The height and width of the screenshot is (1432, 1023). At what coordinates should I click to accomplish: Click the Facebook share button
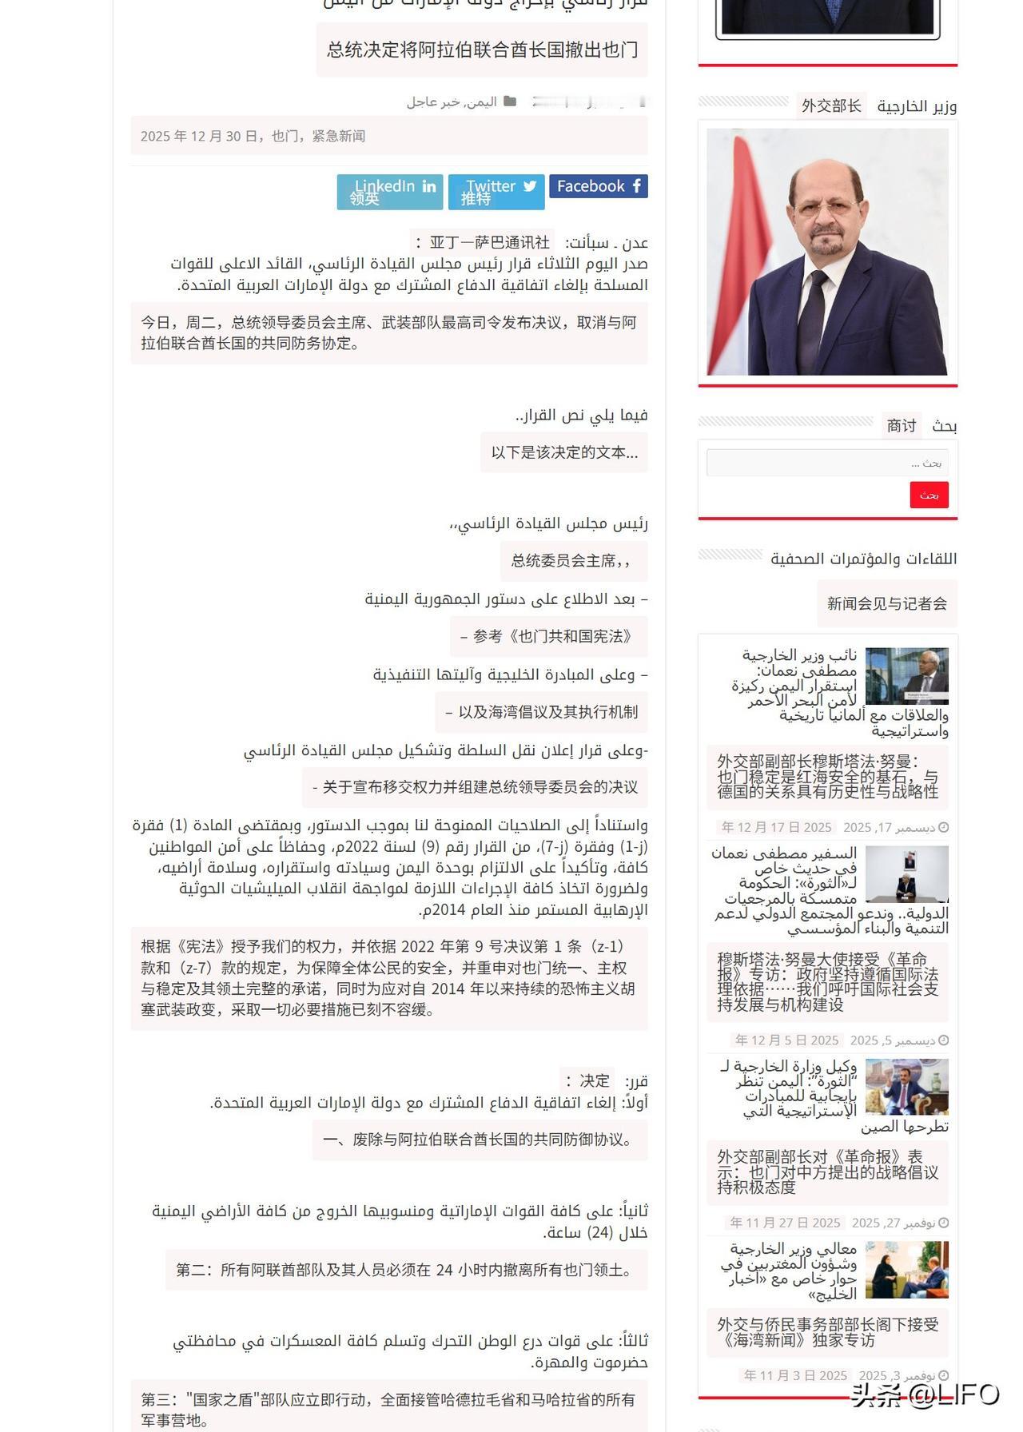[x=599, y=186]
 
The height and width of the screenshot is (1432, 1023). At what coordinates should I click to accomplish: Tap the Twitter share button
[x=496, y=192]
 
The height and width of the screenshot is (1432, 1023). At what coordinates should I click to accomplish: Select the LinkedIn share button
[x=390, y=192]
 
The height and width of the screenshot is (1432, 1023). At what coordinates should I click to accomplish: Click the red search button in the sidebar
[x=929, y=495]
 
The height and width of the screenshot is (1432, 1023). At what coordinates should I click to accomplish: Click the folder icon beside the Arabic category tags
[x=510, y=101]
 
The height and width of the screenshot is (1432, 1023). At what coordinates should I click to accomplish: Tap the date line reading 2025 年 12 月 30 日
[x=253, y=136]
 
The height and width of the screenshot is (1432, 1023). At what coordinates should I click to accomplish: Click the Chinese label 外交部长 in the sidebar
[x=831, y=105]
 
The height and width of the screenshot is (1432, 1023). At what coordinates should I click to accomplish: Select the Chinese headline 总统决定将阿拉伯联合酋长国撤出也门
[x=482, y=50]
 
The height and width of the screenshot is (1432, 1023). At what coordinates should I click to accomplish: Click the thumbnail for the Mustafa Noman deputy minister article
[x=907, y=675]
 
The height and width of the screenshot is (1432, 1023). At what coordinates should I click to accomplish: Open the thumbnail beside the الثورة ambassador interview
[x=907, y=874]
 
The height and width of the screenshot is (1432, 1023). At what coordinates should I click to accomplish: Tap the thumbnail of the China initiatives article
[x=907, y=1087]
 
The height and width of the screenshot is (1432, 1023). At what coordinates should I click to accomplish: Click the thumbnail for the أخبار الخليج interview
[x=907, y=1270]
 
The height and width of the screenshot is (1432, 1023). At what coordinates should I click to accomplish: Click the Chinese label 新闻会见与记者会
[x=887, y=604]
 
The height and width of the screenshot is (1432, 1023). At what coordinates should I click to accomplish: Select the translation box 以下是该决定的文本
[x=564, y=452]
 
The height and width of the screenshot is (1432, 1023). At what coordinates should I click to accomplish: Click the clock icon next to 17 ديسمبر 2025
[x=943, y=828]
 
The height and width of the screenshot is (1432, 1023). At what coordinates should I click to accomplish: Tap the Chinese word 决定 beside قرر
[x=594, y=1080]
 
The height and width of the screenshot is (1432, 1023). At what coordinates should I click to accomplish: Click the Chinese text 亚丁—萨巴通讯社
[x=489, y=242]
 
